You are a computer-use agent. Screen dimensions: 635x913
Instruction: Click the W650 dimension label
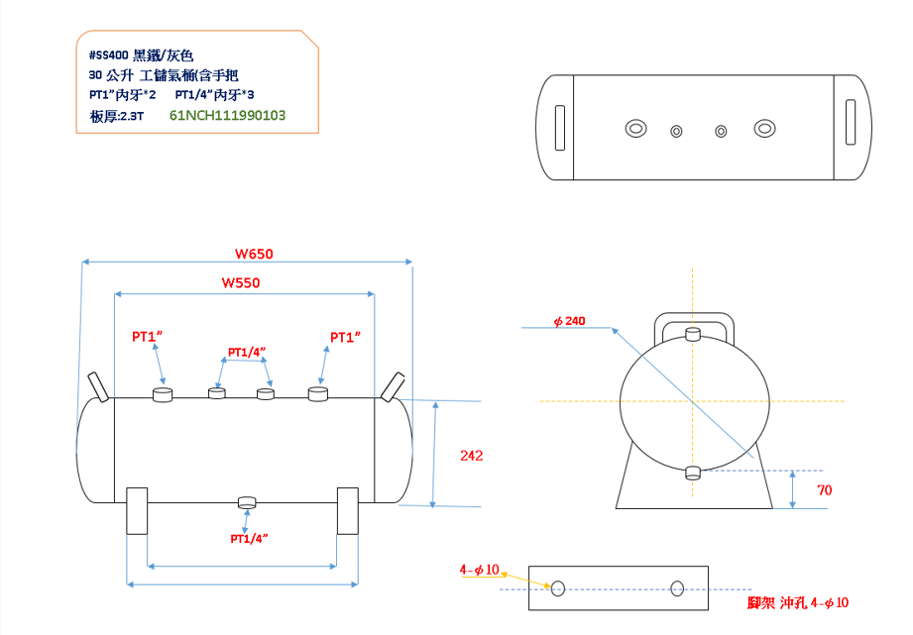pyautogui.click(x=254, y=254)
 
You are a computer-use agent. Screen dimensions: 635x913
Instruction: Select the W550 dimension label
pyautogui.click(x=240, y=283)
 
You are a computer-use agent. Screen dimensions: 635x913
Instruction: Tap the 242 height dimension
pyautogui.click(x=472, y=456)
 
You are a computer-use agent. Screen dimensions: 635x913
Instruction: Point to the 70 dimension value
pyautogui.click(x=824, y=490)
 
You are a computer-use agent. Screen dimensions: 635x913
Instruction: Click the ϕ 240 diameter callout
pyautogui.click(x=570, y=321)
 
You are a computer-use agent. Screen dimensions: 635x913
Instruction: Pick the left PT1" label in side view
pyautogui.click(x=147, y=337)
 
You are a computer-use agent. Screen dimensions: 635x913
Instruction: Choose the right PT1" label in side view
pyautogui.click(x=345, y=337)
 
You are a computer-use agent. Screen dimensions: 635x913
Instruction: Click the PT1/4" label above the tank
pyautogui.click(x=247, y=352)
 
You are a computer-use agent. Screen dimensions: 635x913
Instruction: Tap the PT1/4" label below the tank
pyautogui.click(x=249, y=538)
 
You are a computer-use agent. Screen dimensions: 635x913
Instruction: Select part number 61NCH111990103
pyautogui.click(x=228, y=115)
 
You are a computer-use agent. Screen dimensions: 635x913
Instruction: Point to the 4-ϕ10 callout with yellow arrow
pyautogui.click(x=479, y=571)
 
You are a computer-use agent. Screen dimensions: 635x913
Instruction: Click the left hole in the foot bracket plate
pyautogui.click(x=558, y=588)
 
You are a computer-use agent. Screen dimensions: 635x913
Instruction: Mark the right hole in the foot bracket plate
pyautogui.click(x=677, y=587)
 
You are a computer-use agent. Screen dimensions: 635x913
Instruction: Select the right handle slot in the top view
pyautogui.click(x=851, y=124)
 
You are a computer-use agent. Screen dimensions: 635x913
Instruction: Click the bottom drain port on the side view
pyautogui.click(x=247, y=501)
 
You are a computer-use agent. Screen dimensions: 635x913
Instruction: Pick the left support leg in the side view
pyautogui.click(x=137, y=510)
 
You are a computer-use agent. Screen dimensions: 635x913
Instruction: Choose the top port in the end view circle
pyautogui.click(x=693, y=334)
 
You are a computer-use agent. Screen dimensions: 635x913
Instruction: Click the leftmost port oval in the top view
pyautogui.click(x=635, y=128)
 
